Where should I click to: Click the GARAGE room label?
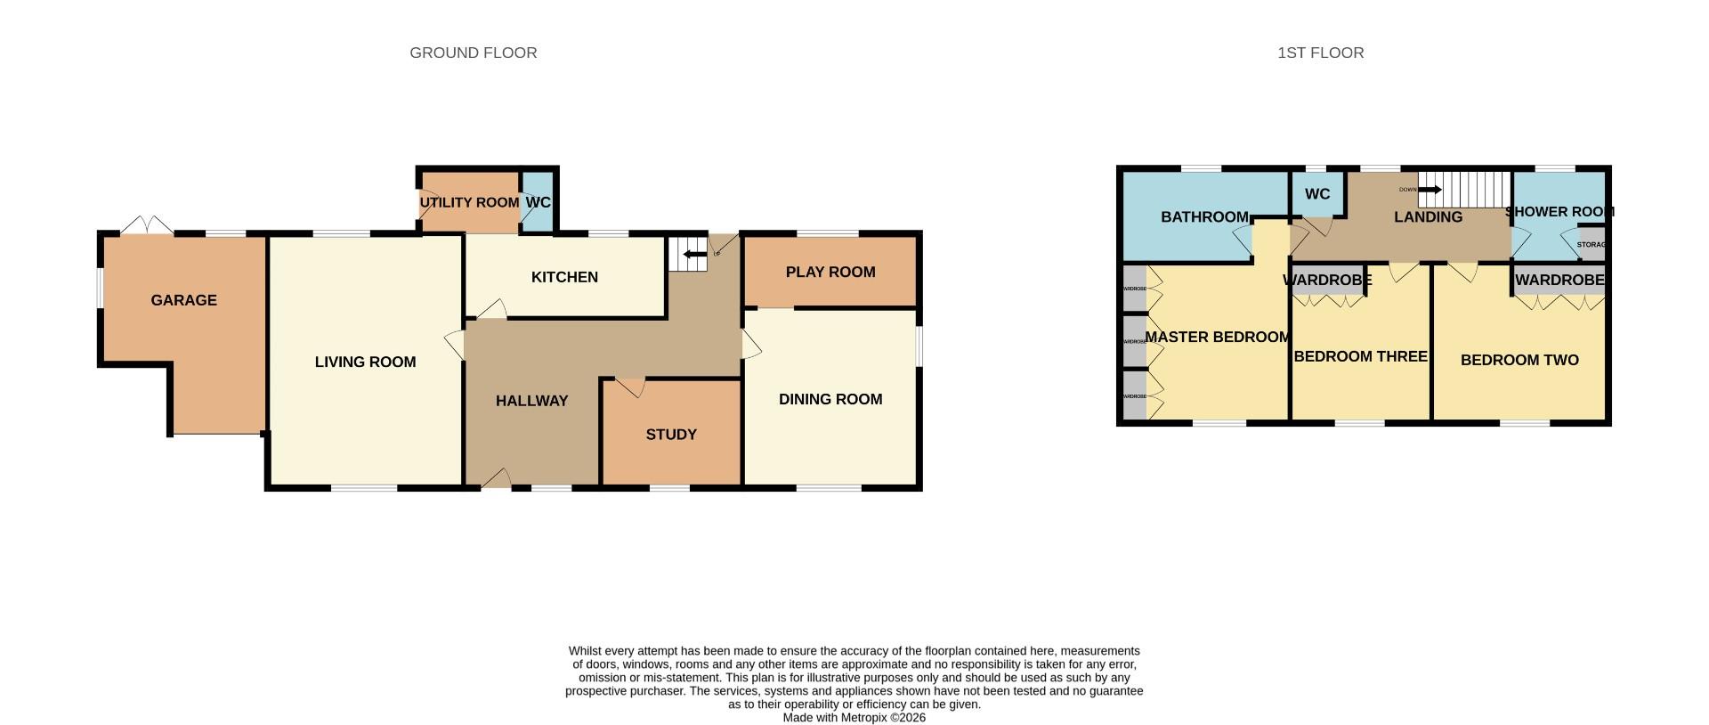183,300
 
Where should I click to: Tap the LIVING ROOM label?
365,362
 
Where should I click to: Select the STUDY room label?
671,435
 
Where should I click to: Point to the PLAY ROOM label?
830,272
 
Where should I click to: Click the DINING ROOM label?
830,399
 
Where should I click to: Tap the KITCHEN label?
564,277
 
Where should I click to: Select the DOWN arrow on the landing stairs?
1430,190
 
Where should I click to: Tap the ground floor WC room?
538,203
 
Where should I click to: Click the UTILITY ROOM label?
469,203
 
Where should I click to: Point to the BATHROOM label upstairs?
1204,217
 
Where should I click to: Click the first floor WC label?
1316,194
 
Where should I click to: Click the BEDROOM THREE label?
1360,356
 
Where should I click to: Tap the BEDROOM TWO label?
1519,360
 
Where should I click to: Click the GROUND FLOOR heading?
473,53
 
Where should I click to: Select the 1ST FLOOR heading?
1320,53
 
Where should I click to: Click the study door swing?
630,387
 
